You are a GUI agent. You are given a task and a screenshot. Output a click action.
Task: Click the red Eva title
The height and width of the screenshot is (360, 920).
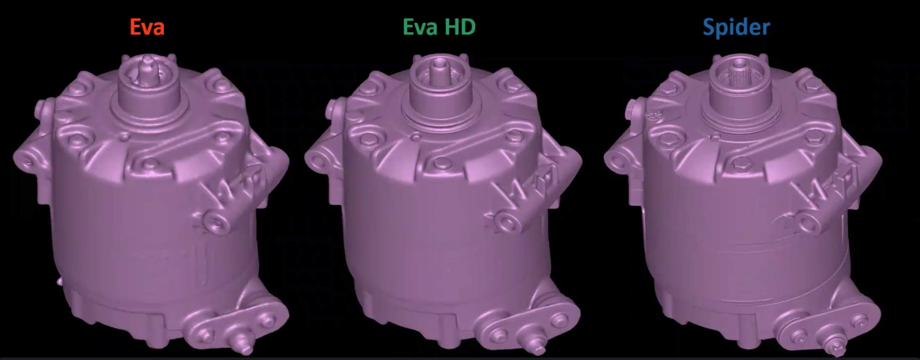pyautogui.click(x=147, y=27)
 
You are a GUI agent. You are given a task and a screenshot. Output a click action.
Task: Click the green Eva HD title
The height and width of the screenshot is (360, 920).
pyautogui.click(x=439, y=26)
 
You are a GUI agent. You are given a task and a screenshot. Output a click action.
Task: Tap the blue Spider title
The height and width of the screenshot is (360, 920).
pyautogui.click(x=736, y=27)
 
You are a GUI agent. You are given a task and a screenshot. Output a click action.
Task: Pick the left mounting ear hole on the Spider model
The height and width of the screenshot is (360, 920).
pyautogui.click(x=618, y=159)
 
